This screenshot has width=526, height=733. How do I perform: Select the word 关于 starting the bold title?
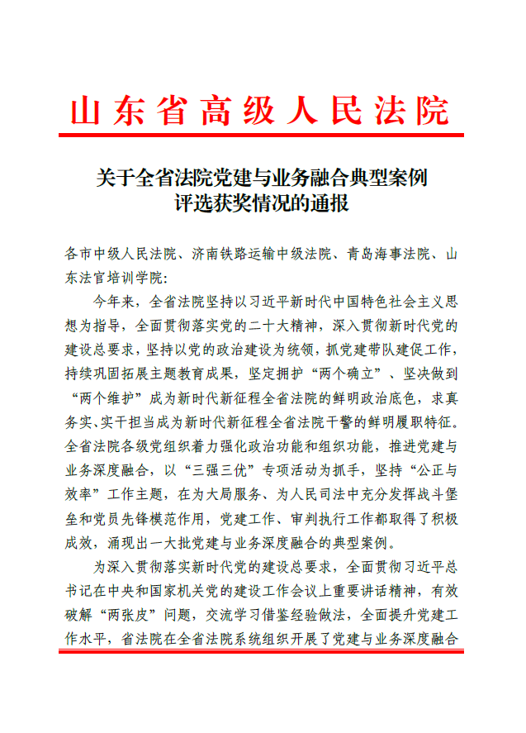[x=114, y=177]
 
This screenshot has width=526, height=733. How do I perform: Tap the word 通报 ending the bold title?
[x=330, y=202]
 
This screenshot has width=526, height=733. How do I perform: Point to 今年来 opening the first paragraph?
[x=114, y=300]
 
